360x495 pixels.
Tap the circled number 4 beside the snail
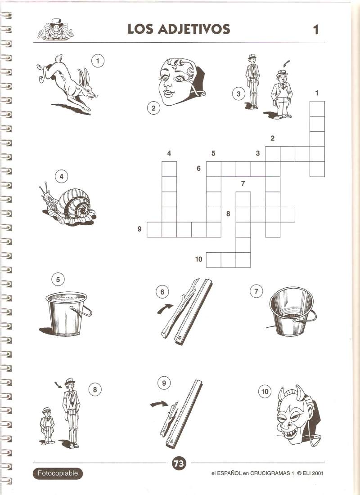point(61,177)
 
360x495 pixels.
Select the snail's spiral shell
point(75,204)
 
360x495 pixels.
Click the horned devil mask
point(297,415)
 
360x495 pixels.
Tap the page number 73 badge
point(179,463)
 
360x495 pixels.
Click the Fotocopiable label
point(58,473)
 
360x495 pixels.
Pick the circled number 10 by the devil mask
point(265,392)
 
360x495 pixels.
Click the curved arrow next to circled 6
point(165,308)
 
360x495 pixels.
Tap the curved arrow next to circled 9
point(159,404)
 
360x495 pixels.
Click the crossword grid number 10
point(198,259)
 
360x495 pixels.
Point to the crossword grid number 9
point(139,229)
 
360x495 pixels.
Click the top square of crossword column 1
point(317,109)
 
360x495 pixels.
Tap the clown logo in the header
point(55,30)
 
